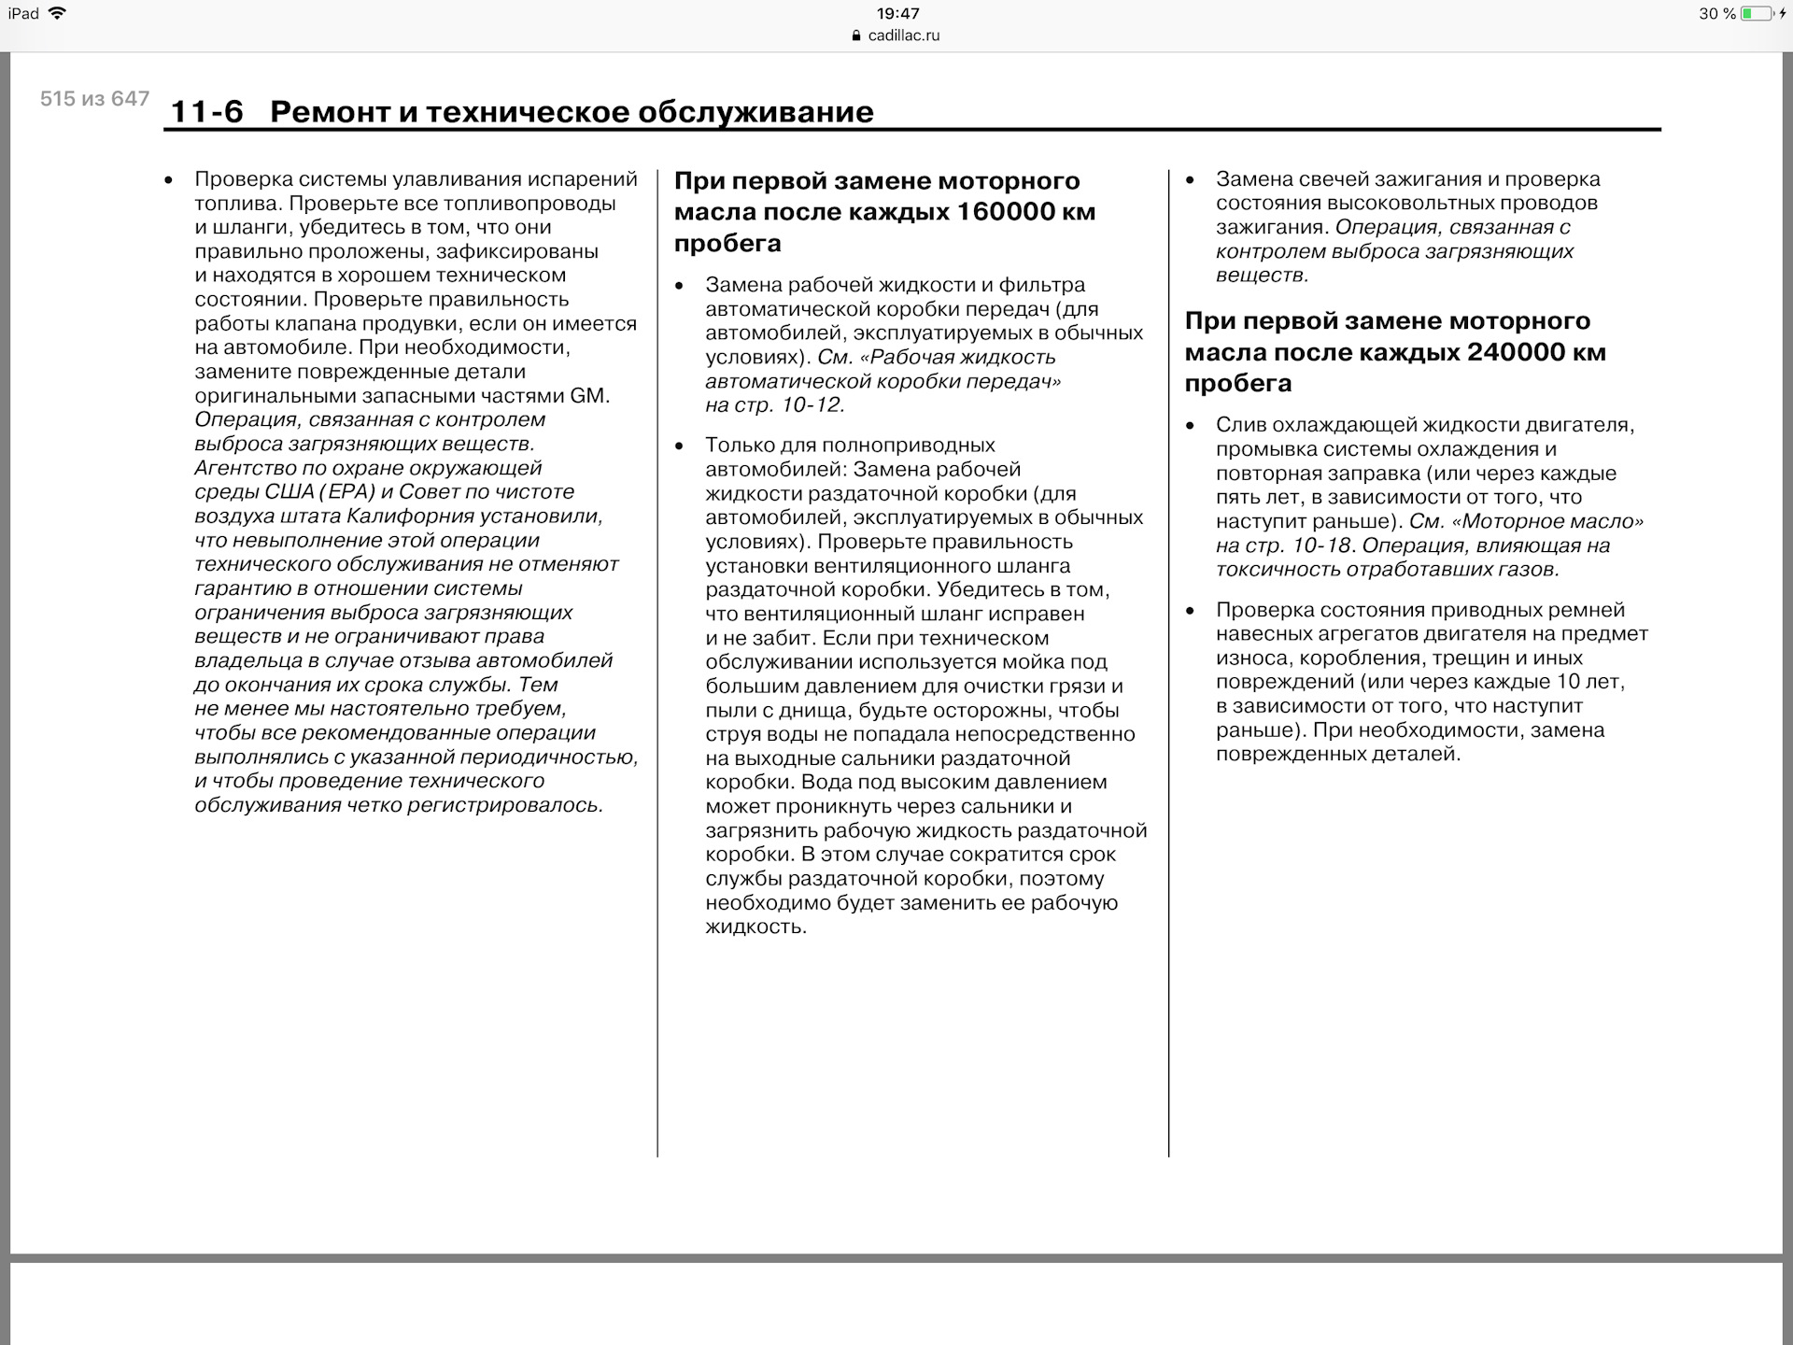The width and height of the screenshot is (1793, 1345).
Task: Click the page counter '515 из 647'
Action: coord(94,99)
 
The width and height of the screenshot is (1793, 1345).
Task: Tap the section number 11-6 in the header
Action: coord(206,112)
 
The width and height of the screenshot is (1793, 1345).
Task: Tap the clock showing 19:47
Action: coord(897,14)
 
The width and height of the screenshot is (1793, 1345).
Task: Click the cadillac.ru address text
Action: coord(903,35)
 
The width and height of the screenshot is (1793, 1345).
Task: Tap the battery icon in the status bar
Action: coord(1757,14)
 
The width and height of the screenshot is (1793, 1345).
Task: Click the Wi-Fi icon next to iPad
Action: coord(57,14)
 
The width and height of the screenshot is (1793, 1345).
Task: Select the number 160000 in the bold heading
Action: coord(995,212)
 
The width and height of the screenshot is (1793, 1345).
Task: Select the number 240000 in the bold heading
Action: coord(1505,352)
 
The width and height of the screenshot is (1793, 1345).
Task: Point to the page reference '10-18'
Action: coord(1321,545)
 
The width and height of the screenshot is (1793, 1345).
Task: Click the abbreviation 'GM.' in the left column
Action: coord(589,396)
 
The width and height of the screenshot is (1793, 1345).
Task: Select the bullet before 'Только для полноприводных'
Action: coord(679,446)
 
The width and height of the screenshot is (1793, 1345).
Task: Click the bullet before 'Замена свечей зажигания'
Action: coord(1190,180)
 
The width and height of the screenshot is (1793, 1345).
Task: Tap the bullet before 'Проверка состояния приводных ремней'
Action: coord(1190,611)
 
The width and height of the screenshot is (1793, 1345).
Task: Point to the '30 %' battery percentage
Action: coord(1716,14)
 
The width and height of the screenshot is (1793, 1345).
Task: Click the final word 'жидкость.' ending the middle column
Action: coord(755,927)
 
